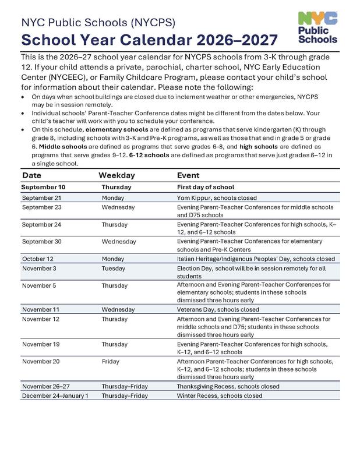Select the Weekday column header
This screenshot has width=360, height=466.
tap(117, 175)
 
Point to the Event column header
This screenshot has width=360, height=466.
tap(188, 175)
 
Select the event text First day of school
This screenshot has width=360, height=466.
tap(206, 188)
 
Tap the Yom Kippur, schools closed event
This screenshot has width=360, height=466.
tap(217, 198)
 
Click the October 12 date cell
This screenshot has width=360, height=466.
tap(39, 258)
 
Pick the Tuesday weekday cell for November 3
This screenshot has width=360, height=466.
tap(115, 269)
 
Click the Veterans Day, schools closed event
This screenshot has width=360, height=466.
tap(218, 309)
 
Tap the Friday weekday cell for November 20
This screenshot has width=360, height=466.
tap(111, 361)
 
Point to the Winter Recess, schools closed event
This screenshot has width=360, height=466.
tap(219, 396)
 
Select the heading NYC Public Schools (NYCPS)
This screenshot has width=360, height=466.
tap(98, 23)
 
